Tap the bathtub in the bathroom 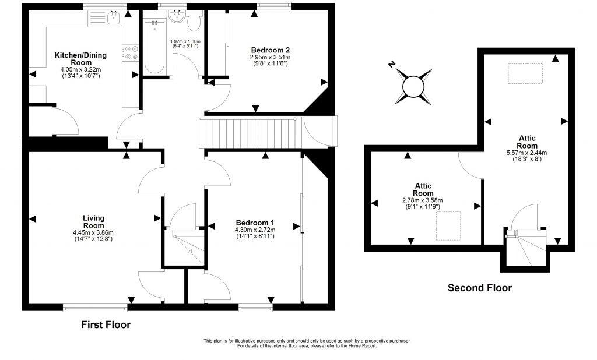tap(154, 47)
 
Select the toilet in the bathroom tap(194, 22)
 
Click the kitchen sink tap(109, 19)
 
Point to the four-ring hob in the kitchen tap(131, 53)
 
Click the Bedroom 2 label tap(270, 50)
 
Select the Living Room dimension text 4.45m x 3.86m tap(93, 232)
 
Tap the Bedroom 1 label tap(255, 223)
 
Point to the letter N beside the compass tap(392, 65)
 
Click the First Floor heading tap(106, 324)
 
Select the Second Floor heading tap(479, 288)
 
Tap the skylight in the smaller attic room tap(448, 225)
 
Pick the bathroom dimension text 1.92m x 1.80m tap(185, 41)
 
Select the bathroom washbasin tap(176, 19)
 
